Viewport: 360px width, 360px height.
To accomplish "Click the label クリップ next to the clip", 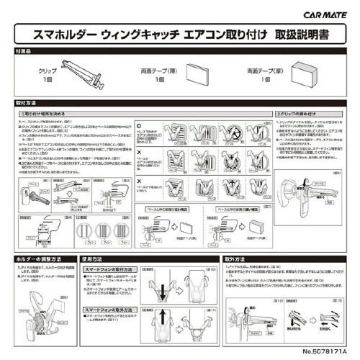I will coord(47,73).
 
